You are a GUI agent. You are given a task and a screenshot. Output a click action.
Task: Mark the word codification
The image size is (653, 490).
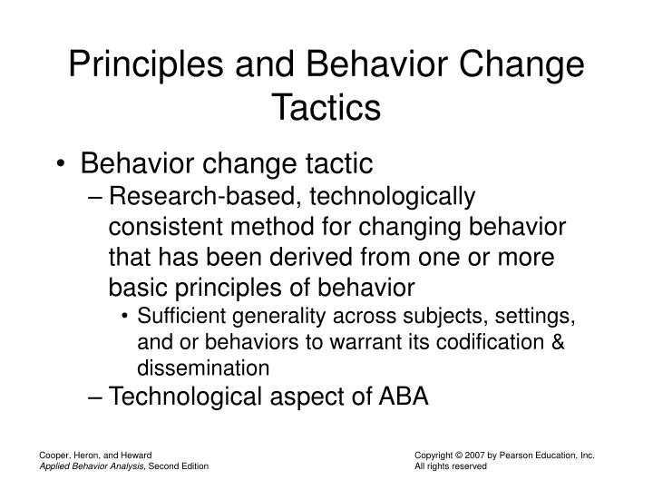tap(480, 342)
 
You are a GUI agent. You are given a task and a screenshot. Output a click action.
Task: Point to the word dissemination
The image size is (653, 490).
tap(203, 368)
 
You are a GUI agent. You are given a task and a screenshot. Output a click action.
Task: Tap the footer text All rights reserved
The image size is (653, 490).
tap(451, 466)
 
